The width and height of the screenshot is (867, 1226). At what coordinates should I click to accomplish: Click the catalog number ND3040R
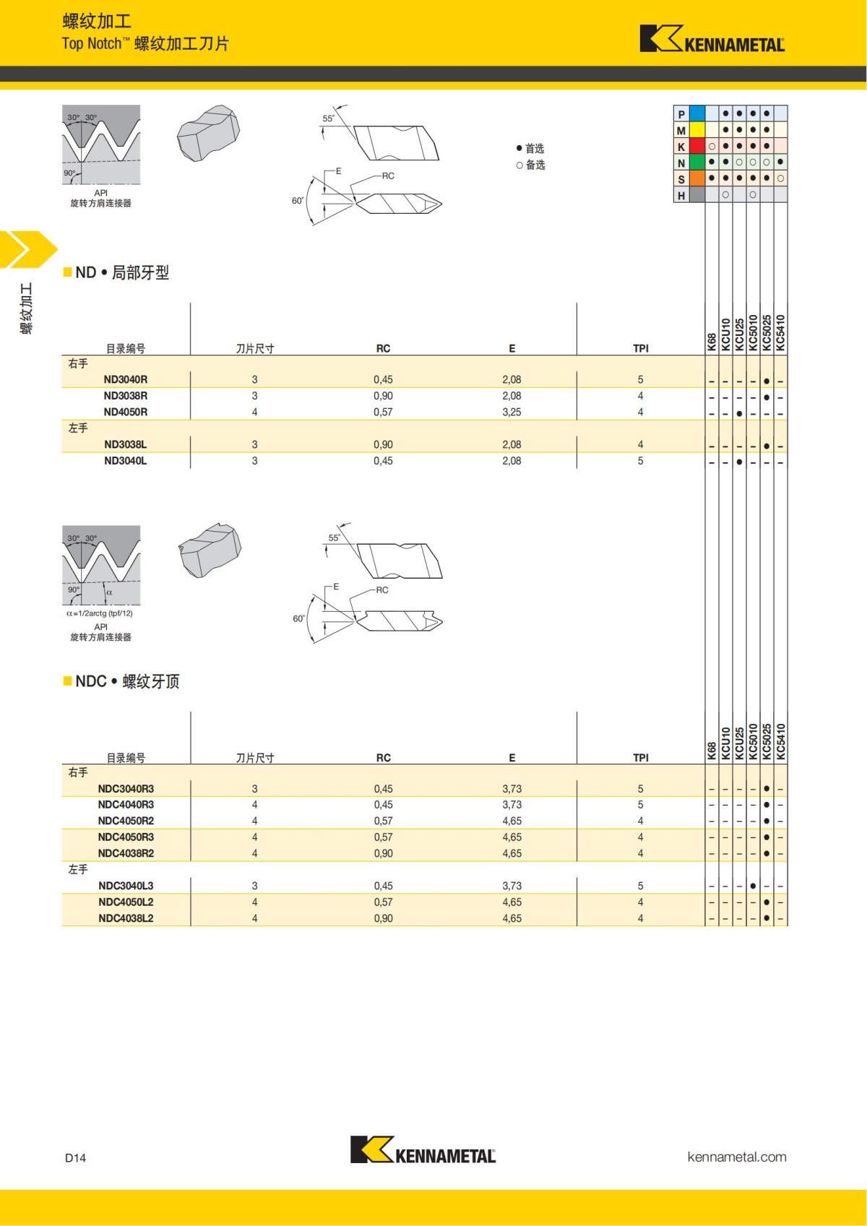click(x=125, y=379)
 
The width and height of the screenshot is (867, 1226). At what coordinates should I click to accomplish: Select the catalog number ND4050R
click(x=125, y=412)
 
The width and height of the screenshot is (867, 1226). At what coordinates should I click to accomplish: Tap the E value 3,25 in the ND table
click(x=512, y=412)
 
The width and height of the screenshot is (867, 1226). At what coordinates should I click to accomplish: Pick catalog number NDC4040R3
click(x=126, y=804)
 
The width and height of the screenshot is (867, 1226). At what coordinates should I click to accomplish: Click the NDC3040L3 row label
click(x=126, y=886)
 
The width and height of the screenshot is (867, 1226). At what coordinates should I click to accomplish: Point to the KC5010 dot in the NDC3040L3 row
click(x=753, y=886)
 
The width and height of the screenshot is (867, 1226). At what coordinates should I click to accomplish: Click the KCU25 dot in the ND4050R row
click(x=739, y=413)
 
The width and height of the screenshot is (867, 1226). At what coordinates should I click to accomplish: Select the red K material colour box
click(x=697, y=146)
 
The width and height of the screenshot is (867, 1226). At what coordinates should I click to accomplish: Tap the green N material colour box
click(x=697, y=163)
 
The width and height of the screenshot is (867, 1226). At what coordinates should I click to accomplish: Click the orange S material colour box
click(x=697, y=178)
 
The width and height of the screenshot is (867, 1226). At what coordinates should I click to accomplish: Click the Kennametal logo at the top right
click(x=712, y=40)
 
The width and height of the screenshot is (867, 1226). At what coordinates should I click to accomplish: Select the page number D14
click(x=75, y=1157)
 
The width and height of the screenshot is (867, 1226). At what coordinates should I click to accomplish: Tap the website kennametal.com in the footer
click(x=736, y=1157)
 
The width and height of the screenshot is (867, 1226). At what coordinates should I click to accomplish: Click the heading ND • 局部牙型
click(x=121, y=272)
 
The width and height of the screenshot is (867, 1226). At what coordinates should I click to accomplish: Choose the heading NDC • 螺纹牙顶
click(x=126, y=681)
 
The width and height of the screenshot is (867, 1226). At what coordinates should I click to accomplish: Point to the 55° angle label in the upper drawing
click(x=328, y=118)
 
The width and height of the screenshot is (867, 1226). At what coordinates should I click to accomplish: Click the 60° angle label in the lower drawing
click(x=298, y=618)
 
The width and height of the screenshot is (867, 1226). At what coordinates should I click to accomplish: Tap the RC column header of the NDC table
click(x=383, y=758)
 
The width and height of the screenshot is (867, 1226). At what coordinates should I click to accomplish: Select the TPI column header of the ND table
click(x=640, y=348)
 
